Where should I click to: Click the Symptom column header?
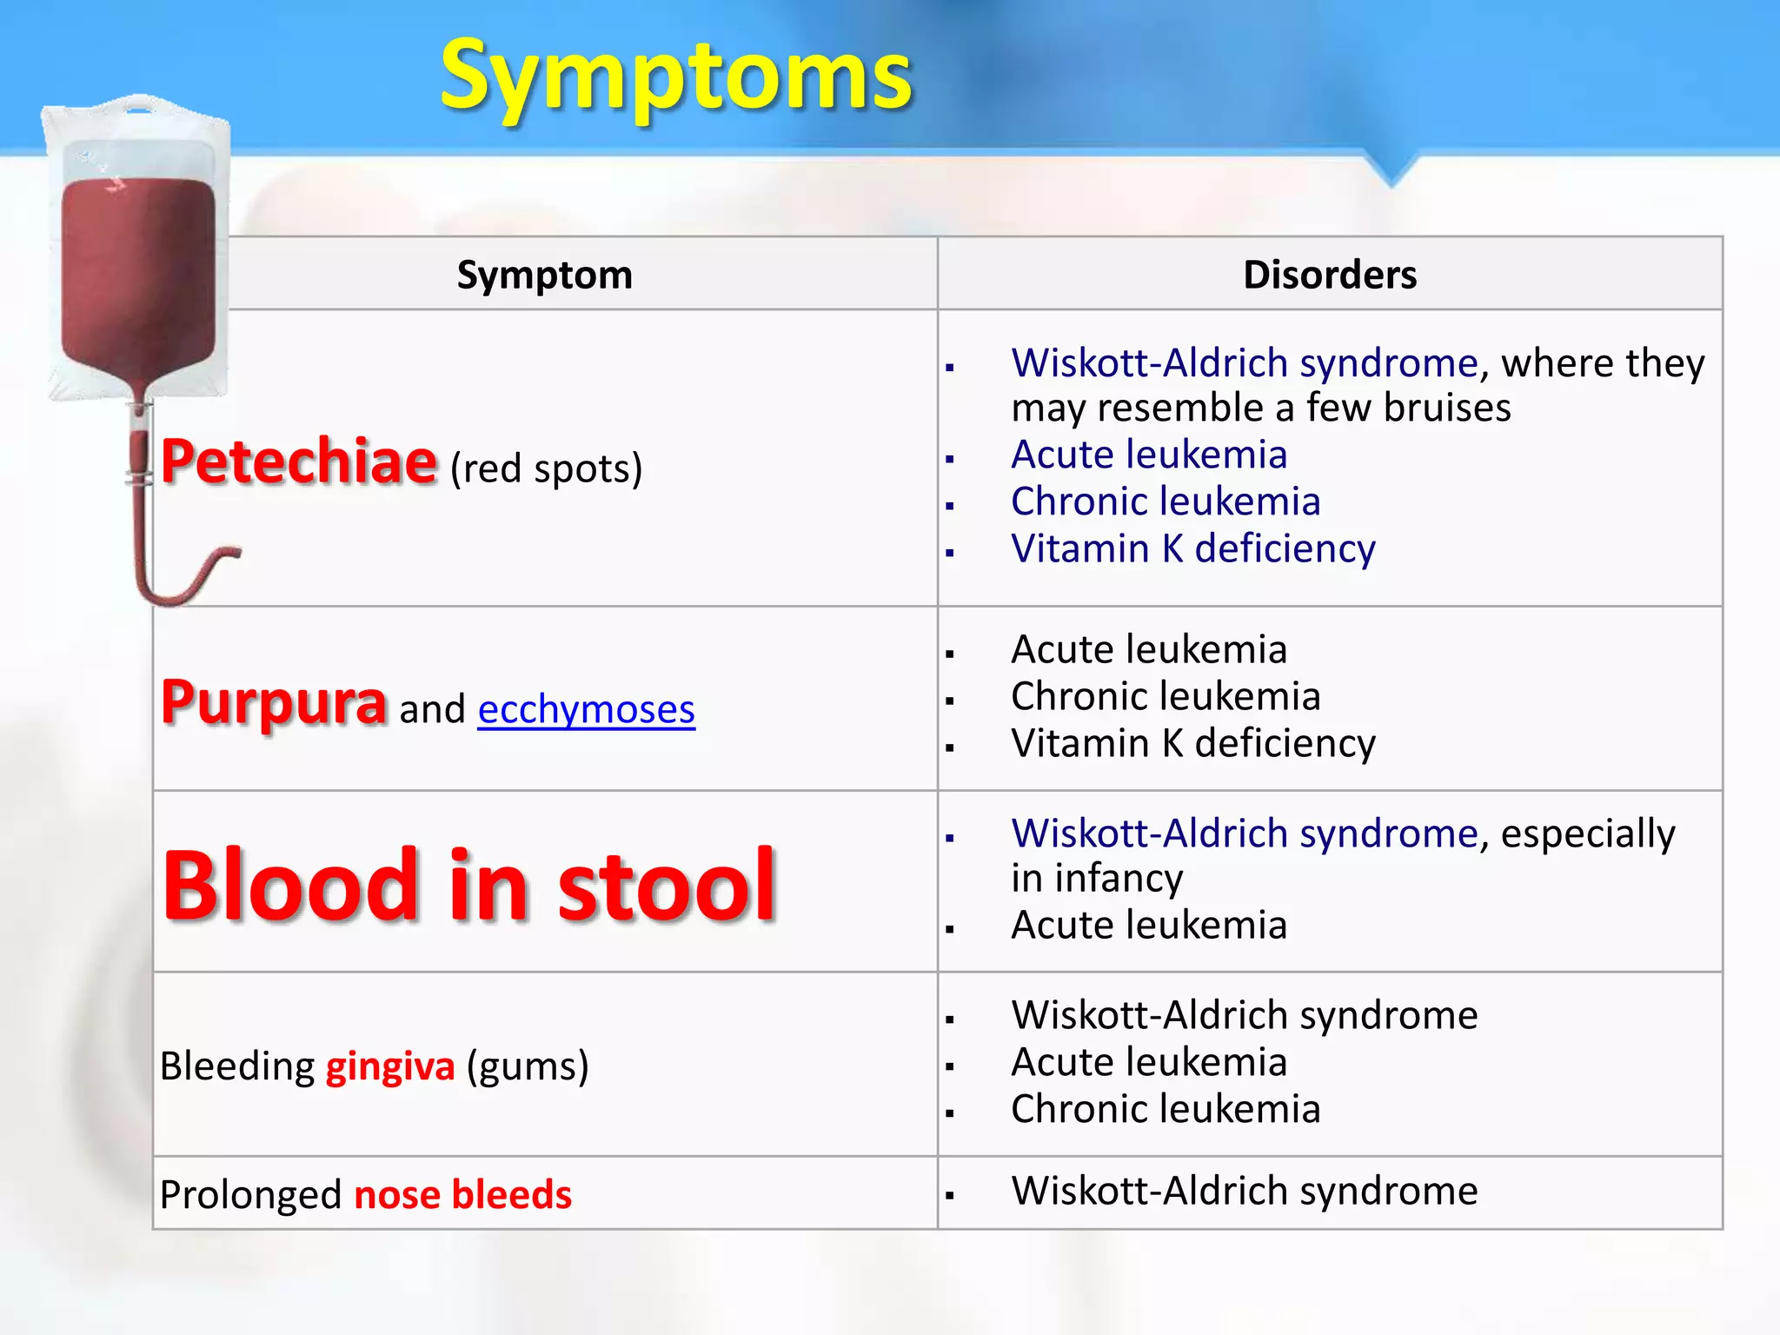(545, 275)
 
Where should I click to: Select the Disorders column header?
(1329, 275)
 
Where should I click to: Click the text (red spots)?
(546, 468)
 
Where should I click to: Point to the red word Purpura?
(274, 702)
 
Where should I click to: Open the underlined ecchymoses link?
(586, 709)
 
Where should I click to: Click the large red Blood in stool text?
(469, 885)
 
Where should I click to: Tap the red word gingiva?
(390, 1066)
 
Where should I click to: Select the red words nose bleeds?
(462, 1194)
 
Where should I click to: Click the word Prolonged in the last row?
(251, 1195)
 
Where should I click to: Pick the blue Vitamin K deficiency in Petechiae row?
(1192, 548)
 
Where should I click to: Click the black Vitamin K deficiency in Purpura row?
(1192, 743)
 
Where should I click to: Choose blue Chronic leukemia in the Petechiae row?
(1165, 501)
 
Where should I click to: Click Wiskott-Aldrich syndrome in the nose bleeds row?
(1244, 1190)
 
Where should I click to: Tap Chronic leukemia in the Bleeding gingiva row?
(1165, 1109)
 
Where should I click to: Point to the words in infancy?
(1096, 878)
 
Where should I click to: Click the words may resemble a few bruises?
(1260, 408)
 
